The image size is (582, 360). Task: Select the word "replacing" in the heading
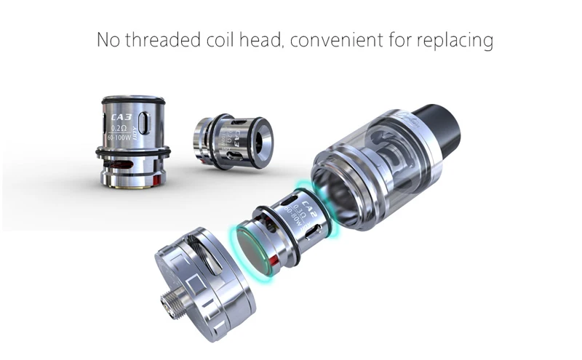455,40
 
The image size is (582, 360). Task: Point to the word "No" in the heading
108,39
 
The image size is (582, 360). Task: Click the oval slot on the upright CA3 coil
145,121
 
